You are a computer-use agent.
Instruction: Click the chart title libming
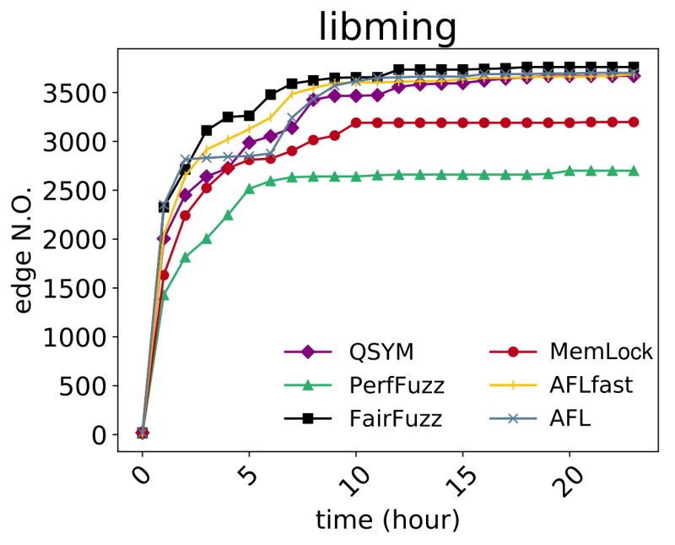[x=387, y=27]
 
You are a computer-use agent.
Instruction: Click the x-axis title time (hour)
[x=387, y=520]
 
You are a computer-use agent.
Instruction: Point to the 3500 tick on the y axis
[x=84, y=92]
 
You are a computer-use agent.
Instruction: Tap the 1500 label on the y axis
[x=84, y=288]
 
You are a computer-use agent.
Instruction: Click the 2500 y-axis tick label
[x=84, y=190]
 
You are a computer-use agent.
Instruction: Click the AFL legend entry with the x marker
[x=548, y=417]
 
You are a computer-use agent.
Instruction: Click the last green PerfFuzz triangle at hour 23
[x=634, y=171]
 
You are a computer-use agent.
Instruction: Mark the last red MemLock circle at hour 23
[x=634, y=122]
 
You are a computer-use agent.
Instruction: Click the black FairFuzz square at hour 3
[x=207, y=130]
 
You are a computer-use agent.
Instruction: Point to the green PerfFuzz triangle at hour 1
[x=164, y=296]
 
